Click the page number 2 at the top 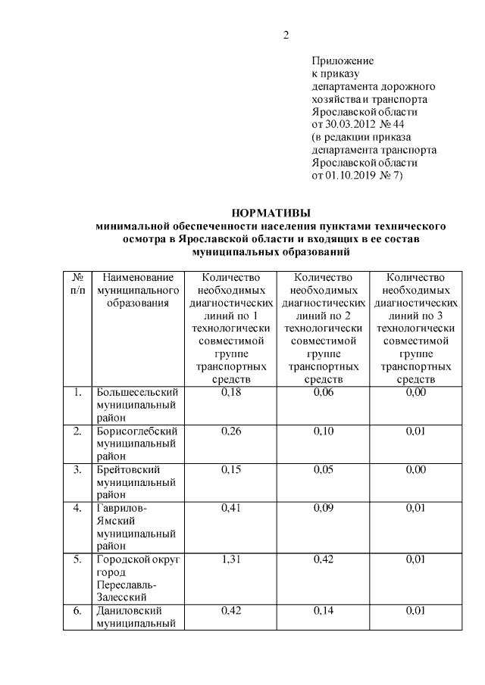[x=286, y=35]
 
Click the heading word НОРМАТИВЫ [x=271, y=213]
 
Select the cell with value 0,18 [x=231, y=392]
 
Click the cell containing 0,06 [x=324, y=392]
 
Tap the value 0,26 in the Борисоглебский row [x=231, y=431]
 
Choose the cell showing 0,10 [x=324, y=431]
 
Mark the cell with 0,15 [x=231, y=470]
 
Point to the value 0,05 [x=324, y=470]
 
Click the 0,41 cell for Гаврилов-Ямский [x=231, y=509]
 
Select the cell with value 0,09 [x=324, y=509]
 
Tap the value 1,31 [x=231, y=560]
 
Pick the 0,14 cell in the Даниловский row [x=324, y=612]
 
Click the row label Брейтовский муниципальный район [x=136, y=481]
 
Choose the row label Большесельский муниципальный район [x=136, y=404]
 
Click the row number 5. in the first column [x=77, y=560]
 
